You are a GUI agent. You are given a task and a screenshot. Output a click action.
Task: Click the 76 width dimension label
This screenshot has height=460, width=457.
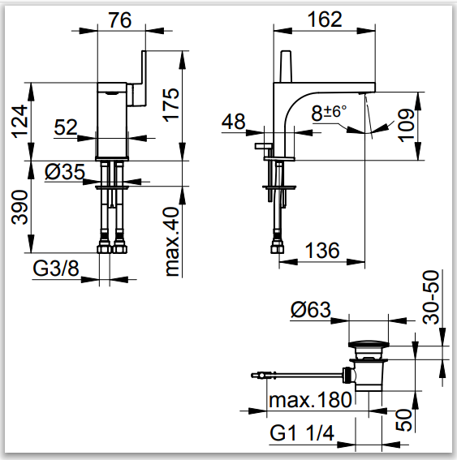tap(120, 20)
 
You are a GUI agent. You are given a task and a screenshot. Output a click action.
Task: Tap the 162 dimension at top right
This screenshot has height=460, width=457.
tap(325, 19)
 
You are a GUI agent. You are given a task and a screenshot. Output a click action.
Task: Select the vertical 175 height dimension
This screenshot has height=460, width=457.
tap(170, 105)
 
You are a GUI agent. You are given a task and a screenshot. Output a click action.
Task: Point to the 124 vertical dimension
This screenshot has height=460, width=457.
tap(19, 121)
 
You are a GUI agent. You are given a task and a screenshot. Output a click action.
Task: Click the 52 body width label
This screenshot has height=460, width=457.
tap(66, 127)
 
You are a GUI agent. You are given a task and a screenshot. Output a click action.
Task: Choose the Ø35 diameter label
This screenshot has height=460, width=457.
tap(65, 172)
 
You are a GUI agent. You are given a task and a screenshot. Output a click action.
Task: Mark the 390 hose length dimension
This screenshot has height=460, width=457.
tap(19, 207)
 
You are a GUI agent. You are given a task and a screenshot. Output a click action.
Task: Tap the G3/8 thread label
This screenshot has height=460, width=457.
tap(56, 269)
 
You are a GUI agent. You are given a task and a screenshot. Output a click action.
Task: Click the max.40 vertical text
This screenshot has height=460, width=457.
tap(172, 242)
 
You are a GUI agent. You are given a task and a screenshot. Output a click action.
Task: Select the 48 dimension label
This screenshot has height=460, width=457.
tap(233, 122)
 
